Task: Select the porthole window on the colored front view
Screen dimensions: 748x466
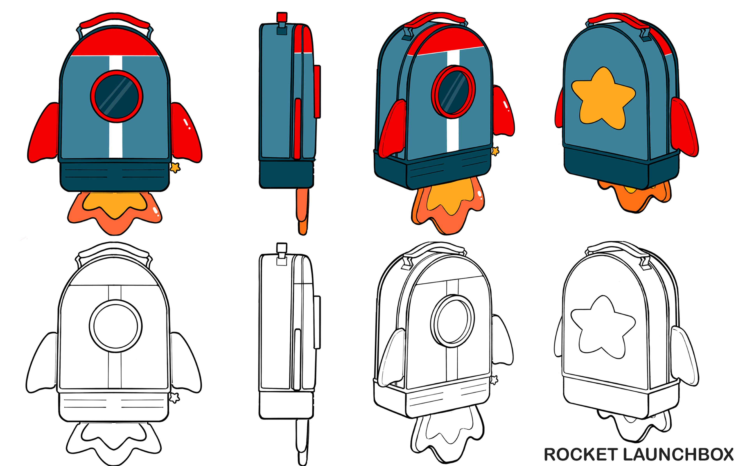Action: [x=116, y=96]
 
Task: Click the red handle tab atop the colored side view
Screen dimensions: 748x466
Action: [x=282, y=17]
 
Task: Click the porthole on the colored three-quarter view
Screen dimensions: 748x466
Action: [x=453, y=92]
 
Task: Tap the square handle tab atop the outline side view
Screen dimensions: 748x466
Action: [x=282, y=247]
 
